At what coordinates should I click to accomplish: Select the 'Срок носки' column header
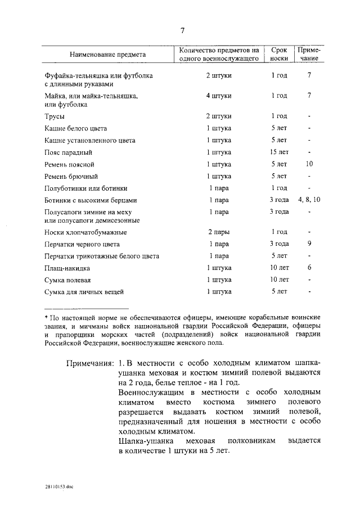[x=279, y=54]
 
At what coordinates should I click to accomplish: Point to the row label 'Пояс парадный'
[x=68, y=152]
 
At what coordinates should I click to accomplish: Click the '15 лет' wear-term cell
[x=279, y=152]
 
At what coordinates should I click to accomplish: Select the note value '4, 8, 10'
[x=309, y=200]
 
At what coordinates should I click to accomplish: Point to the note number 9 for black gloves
[x=309, y=244]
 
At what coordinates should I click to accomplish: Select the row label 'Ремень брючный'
[x=71, y=176]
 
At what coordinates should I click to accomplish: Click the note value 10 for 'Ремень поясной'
[x=309, y=164]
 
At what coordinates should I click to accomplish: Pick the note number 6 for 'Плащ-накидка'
[x=309, y=268]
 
